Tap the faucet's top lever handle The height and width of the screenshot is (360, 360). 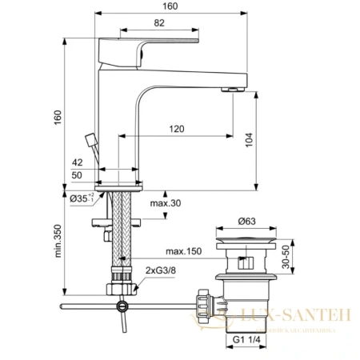[152, 42]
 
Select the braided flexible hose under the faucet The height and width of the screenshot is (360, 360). [121, 232]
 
